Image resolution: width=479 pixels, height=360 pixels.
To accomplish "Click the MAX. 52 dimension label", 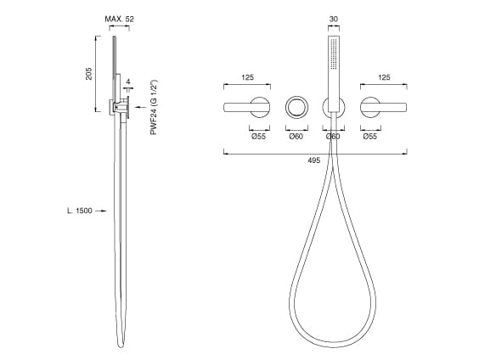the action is [119, 19].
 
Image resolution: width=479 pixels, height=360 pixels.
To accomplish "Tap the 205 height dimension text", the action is [88, 74].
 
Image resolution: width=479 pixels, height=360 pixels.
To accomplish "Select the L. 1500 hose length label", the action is [80, 211].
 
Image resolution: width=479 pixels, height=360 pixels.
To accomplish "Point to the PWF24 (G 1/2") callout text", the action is [154, 107].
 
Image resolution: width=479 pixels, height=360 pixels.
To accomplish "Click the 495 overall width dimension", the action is [314, 160].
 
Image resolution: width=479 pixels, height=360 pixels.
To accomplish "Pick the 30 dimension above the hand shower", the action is [334, 19].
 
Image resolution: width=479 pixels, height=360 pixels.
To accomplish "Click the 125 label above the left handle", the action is [247, 77].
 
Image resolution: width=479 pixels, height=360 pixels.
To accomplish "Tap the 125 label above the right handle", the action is [384, 77].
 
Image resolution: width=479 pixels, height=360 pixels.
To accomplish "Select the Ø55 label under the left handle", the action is [258, 136].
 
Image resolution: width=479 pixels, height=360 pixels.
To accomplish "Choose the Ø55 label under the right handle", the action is [369, 136].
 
